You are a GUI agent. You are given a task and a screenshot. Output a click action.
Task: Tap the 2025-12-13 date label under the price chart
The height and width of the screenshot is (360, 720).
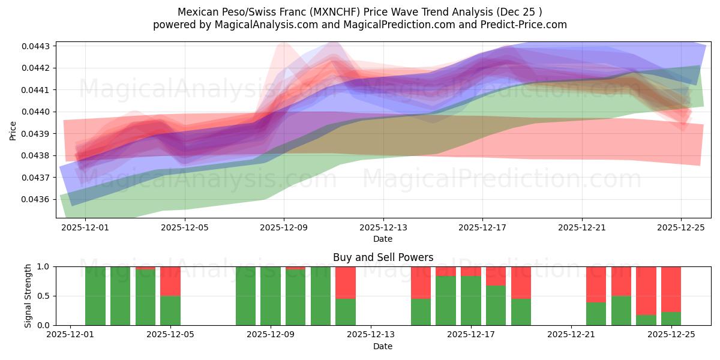383,228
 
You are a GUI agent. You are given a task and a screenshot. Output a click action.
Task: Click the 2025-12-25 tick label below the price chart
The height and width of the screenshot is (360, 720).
680,228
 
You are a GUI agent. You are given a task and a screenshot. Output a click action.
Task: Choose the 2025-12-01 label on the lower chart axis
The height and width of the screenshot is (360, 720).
71,335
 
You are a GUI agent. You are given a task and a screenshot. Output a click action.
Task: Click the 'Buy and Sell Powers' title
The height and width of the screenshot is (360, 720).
383,257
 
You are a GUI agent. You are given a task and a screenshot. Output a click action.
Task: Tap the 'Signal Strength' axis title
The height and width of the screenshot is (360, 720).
28,296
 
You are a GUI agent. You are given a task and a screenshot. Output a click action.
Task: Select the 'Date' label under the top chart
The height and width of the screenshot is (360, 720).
383,239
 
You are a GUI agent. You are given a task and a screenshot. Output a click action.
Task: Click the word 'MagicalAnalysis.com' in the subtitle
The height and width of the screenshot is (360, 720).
247,25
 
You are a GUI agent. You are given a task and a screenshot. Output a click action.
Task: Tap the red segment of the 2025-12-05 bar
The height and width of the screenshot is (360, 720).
170,281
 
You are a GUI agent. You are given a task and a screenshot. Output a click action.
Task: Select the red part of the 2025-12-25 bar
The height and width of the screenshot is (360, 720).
671,289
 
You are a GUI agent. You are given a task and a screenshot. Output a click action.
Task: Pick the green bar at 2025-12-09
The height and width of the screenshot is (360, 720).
271,296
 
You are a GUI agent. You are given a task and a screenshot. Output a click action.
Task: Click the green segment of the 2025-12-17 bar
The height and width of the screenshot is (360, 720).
471,301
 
